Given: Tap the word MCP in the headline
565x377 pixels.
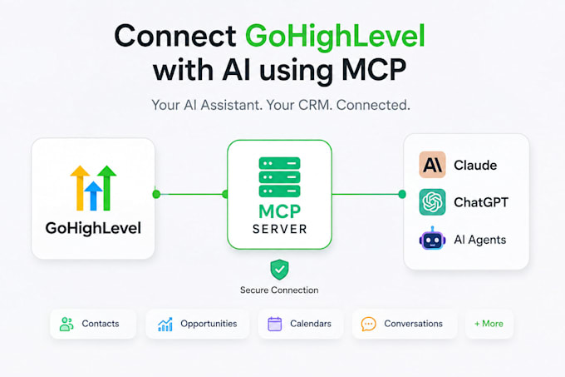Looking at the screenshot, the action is [x=374, y=70].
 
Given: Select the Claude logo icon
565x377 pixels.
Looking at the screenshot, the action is [x=432, y=165].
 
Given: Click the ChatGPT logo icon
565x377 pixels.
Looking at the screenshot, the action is [x=432, y=202].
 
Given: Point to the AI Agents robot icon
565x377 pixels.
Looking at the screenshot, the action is [x=432, y=239].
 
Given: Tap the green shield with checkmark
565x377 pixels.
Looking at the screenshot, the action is [x=279, y=270].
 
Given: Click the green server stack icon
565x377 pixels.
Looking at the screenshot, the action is [x=280, y=177].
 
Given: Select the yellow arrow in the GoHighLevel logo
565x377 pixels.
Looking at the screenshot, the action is [x=80, y=187].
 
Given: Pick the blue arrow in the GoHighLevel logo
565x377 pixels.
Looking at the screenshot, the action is [x=93, y=196].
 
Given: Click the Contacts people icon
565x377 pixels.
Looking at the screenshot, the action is [x=66, y=324].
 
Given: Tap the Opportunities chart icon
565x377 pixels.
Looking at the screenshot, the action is [x=165, y=325].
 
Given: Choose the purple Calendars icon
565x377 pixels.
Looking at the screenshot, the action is [x=274, y=324].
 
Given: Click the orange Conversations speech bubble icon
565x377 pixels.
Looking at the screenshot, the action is [x=369, y=324].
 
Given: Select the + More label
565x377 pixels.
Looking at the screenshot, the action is [x=489, y=324].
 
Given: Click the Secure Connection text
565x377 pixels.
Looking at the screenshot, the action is [x=279, y=290].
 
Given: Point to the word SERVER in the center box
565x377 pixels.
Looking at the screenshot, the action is [x=280, y=229].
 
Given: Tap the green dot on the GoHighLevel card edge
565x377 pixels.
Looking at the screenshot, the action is [x=156, y=194].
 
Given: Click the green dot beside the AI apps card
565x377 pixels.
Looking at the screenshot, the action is [x=402, y=195].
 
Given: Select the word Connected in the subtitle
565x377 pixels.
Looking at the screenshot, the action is [x=373, y=105].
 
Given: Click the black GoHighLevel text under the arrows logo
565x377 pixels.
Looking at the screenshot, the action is [x=93, y=228].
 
